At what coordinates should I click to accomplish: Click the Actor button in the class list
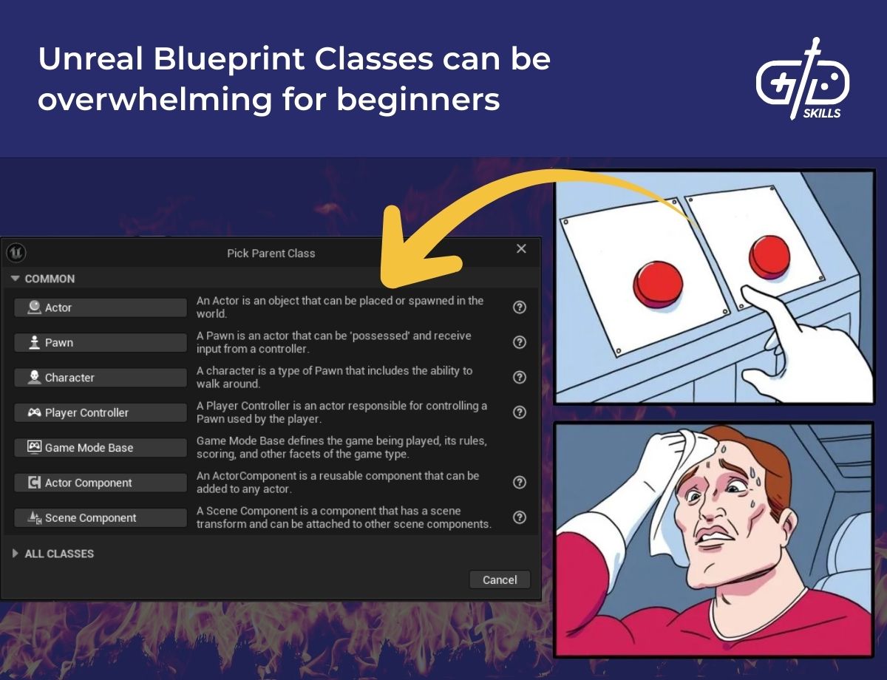(100, 307)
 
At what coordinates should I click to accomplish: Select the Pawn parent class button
(100, 342)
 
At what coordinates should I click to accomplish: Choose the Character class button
(100, 378)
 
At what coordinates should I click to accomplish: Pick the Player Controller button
(100, 412)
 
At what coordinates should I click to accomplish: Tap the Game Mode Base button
(100, 448)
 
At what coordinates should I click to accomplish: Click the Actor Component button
(100, 483)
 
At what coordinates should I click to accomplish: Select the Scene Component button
(100, 518)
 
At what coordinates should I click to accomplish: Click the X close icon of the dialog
(521, 249)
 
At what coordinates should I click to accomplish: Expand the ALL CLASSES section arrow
(16, 554)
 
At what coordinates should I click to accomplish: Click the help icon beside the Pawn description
(520, 342)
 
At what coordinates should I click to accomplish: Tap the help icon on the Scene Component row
(520, 517)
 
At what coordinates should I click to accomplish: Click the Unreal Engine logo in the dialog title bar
(16, 253)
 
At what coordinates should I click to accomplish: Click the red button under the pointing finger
(769, 256)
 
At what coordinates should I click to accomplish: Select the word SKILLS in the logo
(821, 113)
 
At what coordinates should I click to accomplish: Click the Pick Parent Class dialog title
(271, 254)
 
